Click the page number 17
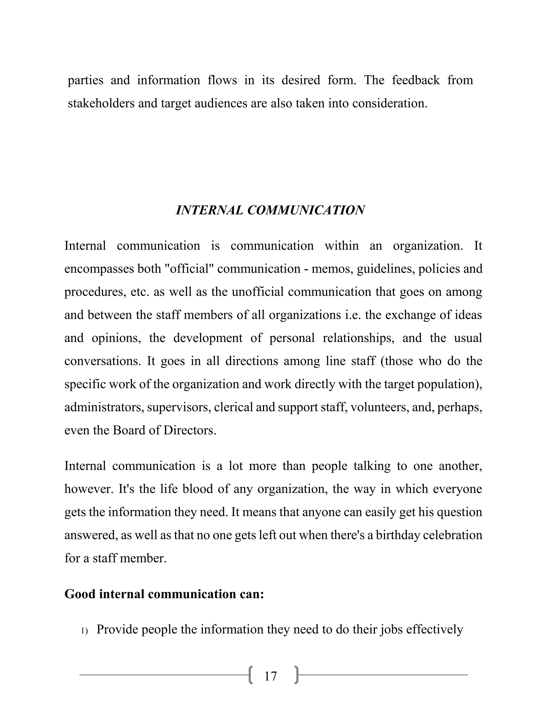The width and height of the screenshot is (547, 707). (x=271, y=676)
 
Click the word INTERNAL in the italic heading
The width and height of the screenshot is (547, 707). (x=209, y=210)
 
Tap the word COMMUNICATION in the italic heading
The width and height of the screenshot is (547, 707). (x=306, y=210)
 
